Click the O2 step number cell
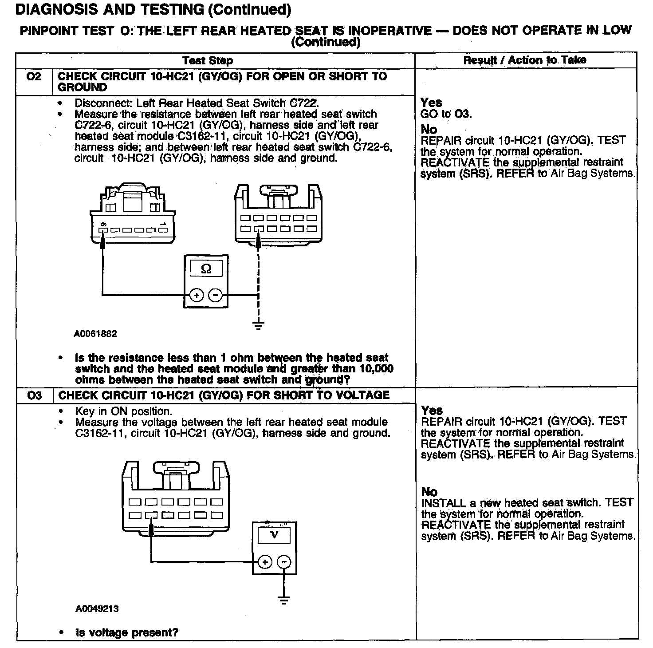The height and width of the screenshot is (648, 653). [34, 77]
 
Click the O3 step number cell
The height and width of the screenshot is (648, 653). [34, 395]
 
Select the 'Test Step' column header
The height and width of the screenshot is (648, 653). [207, 60]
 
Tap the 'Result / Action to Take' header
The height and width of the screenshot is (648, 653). [525, 60]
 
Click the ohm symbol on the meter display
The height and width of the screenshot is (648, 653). [206, 269]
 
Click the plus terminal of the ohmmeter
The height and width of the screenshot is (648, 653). [197, 295]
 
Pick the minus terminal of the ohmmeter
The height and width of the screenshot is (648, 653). [216, 295]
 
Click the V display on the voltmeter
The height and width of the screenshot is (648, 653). [275, 535]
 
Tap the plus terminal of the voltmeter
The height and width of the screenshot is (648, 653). [265, 562]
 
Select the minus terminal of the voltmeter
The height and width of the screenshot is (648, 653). [284, 562]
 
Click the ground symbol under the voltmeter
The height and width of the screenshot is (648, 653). [284, 601]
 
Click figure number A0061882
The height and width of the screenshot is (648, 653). [95, 334]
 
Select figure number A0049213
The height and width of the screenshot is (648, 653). [97, 609]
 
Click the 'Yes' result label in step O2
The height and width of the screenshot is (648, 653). [431, 103]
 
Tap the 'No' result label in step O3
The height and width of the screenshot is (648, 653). [429, 492]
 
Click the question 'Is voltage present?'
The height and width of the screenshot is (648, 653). [127, 632]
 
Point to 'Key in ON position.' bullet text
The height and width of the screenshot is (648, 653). [123, 411]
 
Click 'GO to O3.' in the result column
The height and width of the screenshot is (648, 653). [446, 114]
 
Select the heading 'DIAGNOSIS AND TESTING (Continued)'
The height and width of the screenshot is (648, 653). [153, 9]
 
